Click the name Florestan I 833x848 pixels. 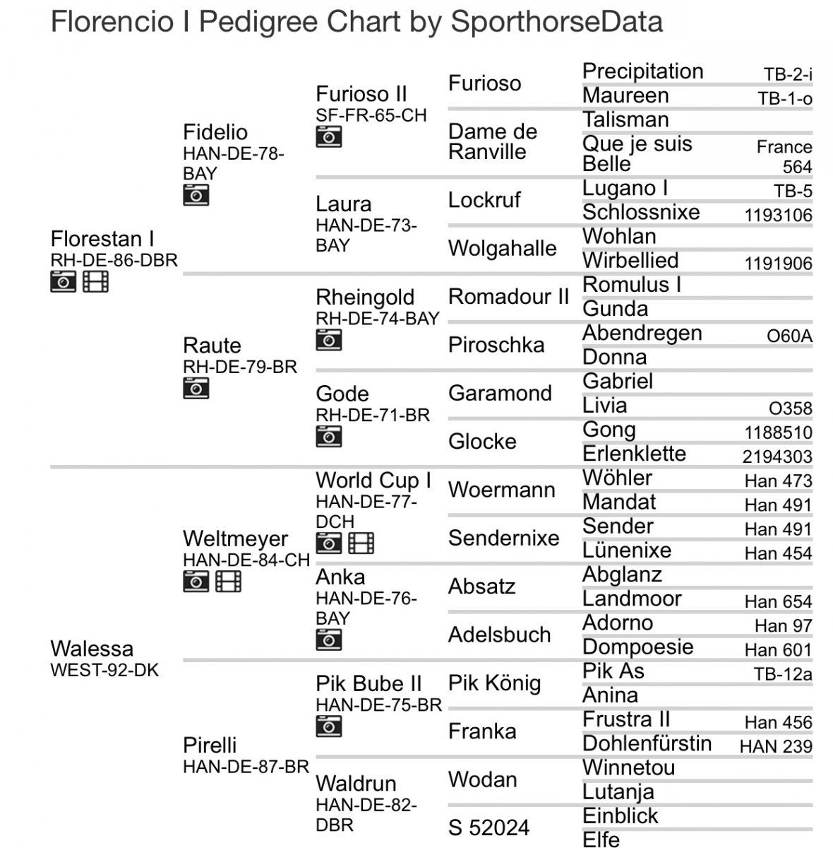102,239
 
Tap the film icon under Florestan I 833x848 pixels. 95,281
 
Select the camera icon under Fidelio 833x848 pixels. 196,195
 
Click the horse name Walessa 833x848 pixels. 92,648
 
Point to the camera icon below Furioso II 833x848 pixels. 328,136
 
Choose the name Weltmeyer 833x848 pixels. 235,538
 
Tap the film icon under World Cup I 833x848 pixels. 361,543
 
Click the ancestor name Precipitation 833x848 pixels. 642,71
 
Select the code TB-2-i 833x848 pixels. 788,74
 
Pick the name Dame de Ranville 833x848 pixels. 493,141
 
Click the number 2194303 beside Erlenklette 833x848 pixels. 777,457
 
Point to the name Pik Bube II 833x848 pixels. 368,683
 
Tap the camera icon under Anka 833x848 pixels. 328,640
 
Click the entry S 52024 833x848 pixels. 489,827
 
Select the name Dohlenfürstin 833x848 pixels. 647,743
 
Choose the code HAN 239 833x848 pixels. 776,746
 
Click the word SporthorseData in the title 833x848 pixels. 556,22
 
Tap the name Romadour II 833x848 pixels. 508,297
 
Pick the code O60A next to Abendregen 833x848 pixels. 789,336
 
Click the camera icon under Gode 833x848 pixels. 328,436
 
